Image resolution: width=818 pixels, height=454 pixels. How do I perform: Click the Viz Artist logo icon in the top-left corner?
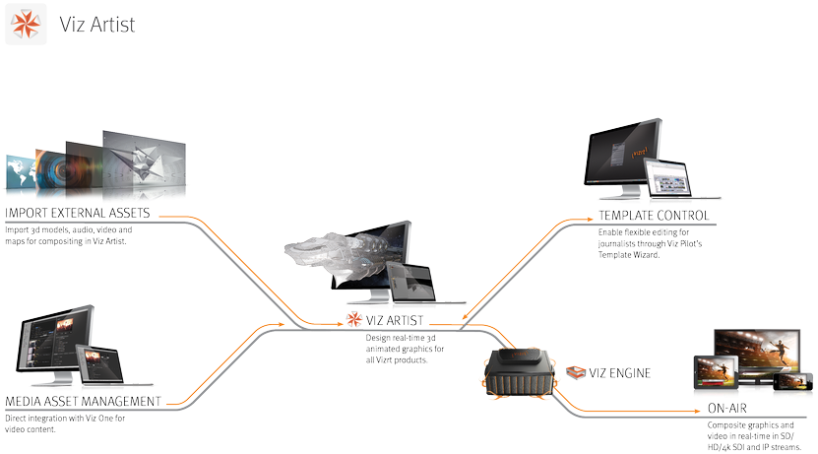24,25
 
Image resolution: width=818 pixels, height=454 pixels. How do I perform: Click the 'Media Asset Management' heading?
83,402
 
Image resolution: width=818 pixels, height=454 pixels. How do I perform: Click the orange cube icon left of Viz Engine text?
575,372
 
